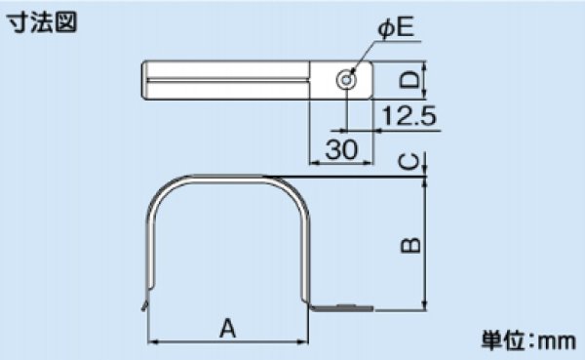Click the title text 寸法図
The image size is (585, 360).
tap(43, 22)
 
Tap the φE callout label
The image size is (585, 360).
tap(396, 27)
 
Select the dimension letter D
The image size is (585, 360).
tap(409, 80)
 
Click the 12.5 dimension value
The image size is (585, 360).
tap(409, 116)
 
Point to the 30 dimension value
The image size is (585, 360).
tap(341, 149)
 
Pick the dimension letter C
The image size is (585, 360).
tap(409, 162)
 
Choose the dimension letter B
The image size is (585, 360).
tap(410, 245)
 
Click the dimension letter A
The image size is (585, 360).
tap(227, 328)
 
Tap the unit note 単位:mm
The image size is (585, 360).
tap(528, 340)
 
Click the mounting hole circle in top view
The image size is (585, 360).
tap(346, 80)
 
